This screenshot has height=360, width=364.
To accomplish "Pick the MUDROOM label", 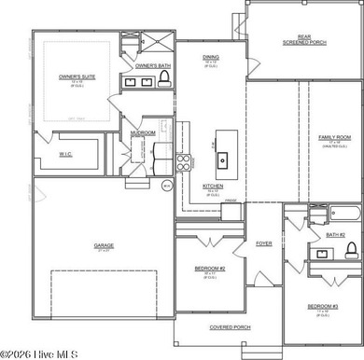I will (x=143, y=133).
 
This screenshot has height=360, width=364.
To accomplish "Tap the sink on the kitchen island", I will (x=222, y=159).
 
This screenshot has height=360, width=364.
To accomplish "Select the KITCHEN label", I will (x=213, y=186).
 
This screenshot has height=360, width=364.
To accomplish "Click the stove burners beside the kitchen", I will (x=183, y=165).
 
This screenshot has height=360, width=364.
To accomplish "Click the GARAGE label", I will (x=104, y=246).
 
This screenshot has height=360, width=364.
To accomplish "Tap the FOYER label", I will (x=264, y=243).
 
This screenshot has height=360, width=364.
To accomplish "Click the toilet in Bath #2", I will (x=351, y=250).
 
